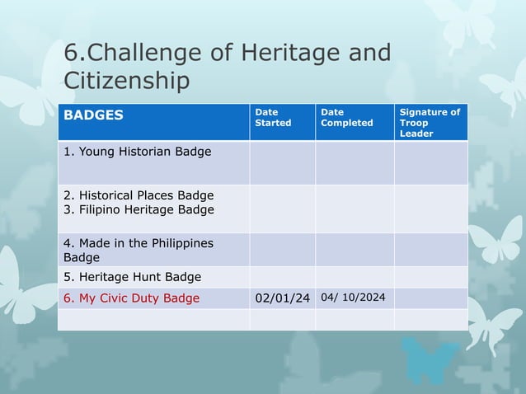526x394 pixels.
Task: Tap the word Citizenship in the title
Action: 127,81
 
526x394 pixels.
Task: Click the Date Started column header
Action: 273,117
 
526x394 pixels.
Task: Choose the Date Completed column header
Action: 346,117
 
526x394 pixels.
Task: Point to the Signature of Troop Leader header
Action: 430,122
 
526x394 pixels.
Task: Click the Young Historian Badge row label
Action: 137,152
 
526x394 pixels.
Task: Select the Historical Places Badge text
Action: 139,195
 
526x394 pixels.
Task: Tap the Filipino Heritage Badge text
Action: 139,209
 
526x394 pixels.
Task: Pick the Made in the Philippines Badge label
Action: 138,250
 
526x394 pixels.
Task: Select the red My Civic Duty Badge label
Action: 131,298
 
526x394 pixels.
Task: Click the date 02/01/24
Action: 282,298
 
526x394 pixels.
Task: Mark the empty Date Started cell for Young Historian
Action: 282,162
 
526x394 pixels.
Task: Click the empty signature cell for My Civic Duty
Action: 430,298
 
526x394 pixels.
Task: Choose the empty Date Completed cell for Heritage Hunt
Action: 354,277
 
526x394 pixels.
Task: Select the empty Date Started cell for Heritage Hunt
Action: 282,277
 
